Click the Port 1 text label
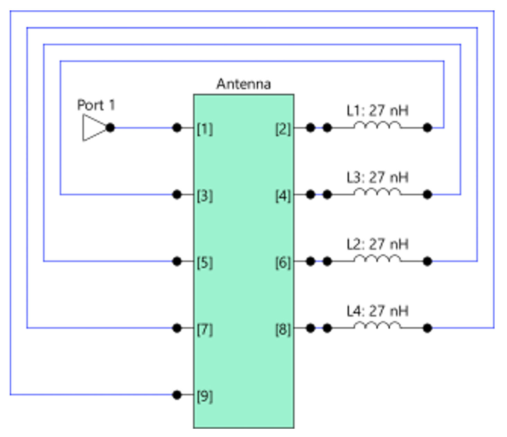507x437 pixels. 96,105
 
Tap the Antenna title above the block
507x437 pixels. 243,84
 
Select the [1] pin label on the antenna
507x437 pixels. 205,129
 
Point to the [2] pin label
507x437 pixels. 283,129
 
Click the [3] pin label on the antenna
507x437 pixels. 205,196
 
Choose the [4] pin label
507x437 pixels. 283,196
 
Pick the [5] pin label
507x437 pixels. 205,262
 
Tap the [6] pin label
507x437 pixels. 283,262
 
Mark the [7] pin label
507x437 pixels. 205,329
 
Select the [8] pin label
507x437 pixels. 283,329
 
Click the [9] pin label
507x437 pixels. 205,396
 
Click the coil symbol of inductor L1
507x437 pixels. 377,125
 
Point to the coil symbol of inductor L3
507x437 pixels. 377,192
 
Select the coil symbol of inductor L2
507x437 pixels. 377,259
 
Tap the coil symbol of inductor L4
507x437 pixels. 377,325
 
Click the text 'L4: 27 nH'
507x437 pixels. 377,311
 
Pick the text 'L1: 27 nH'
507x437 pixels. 377,111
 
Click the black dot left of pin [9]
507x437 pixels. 177,394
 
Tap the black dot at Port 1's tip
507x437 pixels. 110,128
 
